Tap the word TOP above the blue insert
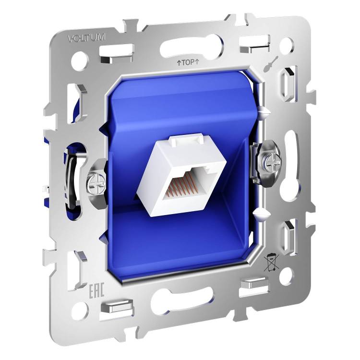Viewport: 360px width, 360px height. point(188,62)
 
